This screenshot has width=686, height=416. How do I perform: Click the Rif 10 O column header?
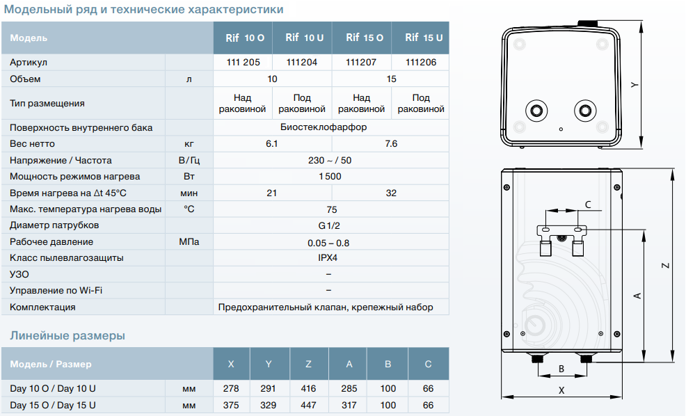click(243, 38)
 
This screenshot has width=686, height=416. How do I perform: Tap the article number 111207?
click(361, 62)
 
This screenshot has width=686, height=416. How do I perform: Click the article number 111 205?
click(243, 62)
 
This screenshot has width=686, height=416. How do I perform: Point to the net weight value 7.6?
click(391, 144)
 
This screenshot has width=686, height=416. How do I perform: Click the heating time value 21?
click(271, 193)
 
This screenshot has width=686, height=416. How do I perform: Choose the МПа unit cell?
click(189, 241)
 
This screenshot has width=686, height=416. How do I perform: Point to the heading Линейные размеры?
click(67, 336)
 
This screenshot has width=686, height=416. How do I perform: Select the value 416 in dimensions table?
click(310, 388)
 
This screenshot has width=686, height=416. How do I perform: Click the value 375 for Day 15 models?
click(232, 405)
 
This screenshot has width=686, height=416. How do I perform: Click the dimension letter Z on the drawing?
click(665, 265)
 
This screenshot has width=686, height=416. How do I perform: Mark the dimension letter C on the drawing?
click(588, 205)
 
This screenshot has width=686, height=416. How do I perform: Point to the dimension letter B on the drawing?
click(561, 368)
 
